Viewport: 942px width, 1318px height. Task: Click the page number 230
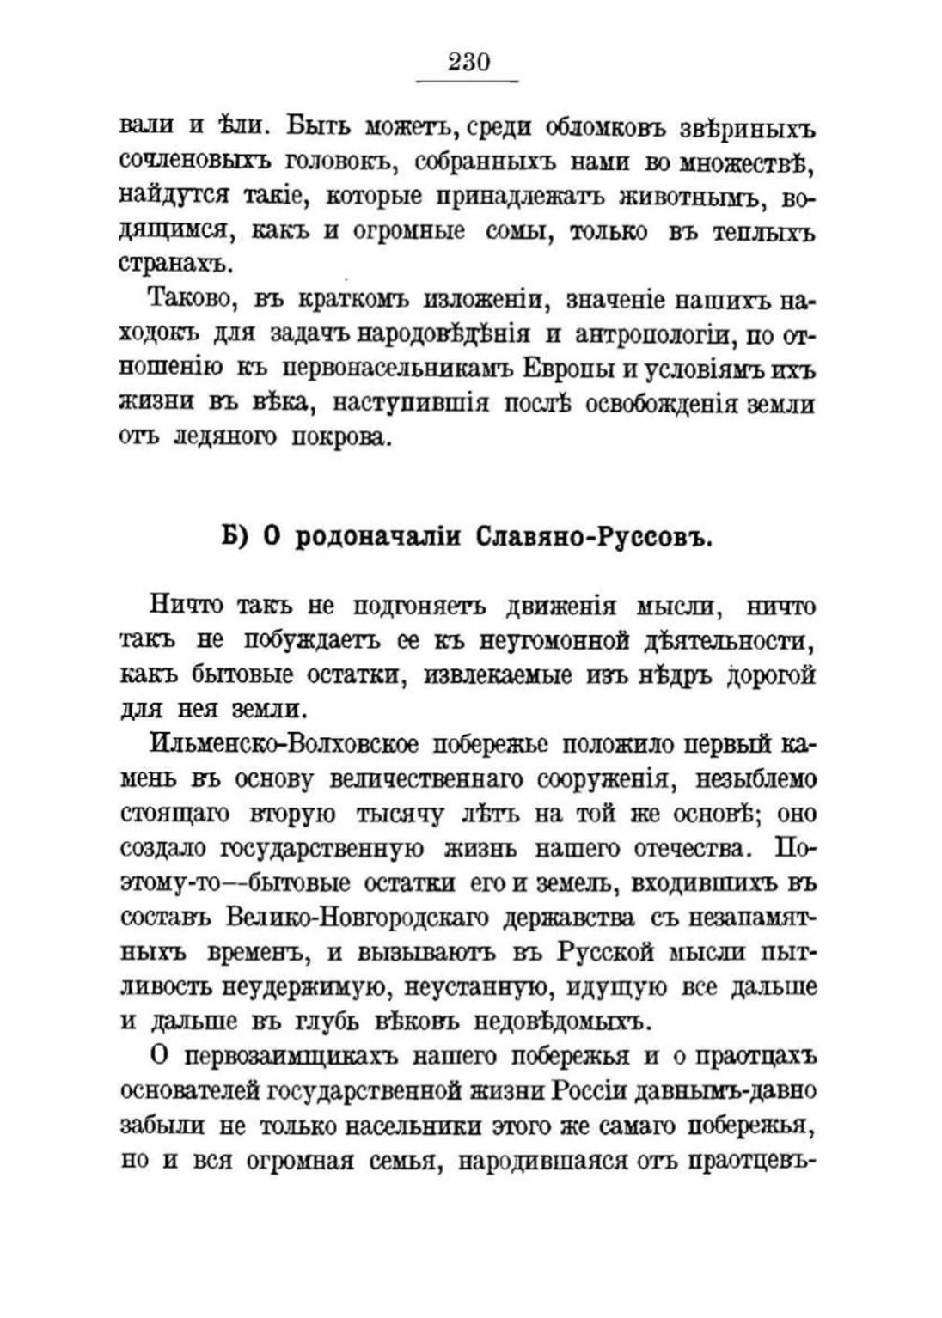[468, 63]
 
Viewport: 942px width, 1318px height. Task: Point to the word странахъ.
[163, 265]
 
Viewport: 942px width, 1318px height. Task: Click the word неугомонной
[549, 641]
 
